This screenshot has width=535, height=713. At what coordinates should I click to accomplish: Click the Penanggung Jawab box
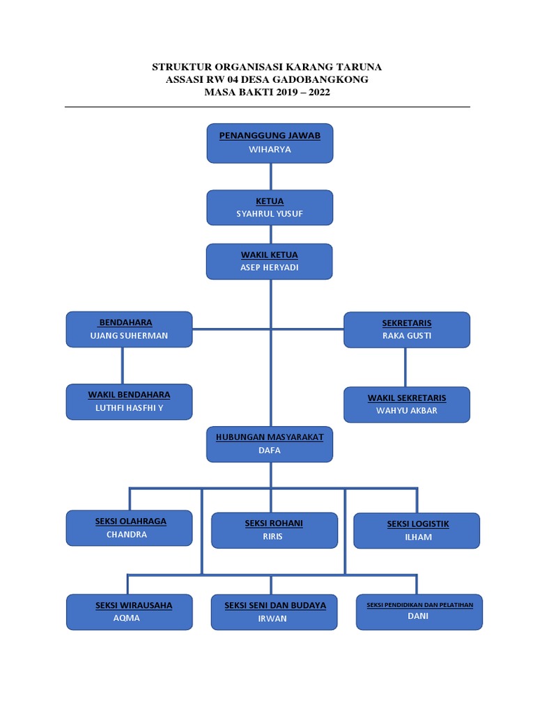tap(270, 143)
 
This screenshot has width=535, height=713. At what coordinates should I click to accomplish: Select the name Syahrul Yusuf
tap(270, 214)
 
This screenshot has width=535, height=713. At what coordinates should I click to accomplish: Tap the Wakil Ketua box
tap(270, 261)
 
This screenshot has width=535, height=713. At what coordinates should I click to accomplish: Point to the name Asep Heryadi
tap(270, 267)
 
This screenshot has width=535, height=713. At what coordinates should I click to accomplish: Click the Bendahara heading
tap(126, 322)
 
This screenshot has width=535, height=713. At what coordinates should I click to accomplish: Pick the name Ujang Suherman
tap(129, 336)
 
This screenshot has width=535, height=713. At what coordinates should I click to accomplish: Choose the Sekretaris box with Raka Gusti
tap(407, 329)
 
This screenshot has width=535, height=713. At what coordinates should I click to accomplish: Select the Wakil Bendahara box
tap(129, 401)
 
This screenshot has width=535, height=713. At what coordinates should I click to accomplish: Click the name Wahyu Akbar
tap(407, 411)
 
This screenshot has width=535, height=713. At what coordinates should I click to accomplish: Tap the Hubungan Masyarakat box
tap(270, 444)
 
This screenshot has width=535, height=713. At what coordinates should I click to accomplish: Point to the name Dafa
tap(270, 450)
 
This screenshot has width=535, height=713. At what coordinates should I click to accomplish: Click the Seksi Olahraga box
tap(129, 528)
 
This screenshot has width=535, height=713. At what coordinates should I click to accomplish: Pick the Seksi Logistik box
tap(417, 531)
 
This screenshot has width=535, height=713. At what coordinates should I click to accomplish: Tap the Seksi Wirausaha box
tap(129, 612)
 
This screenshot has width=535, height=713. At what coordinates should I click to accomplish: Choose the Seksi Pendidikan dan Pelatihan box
tap(419, 612)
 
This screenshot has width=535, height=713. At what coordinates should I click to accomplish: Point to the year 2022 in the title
tap(317, 92)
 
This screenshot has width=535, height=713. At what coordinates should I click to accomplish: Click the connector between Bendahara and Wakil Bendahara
tap(123, 366)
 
